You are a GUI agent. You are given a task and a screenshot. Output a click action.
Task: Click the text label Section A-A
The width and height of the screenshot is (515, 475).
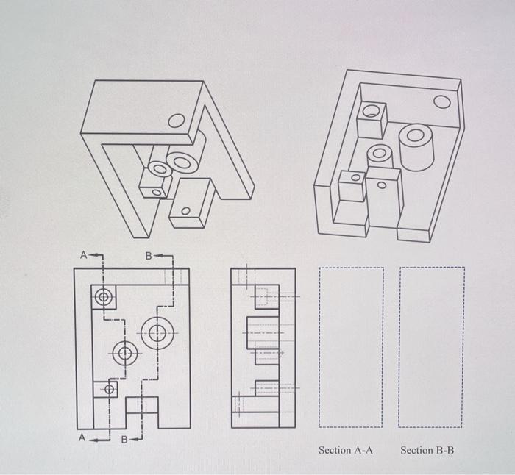[x=346, y=449]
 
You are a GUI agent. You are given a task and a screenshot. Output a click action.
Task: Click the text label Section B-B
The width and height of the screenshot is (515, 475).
[x=427, y=449]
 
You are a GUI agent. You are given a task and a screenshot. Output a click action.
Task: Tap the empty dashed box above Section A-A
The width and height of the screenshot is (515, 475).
[x=351, y=347]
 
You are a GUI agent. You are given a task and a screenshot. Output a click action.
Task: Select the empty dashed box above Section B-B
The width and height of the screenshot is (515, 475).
[x=431, y=347]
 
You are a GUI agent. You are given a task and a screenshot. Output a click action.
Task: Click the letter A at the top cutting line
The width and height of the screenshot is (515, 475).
[x=84, y=255]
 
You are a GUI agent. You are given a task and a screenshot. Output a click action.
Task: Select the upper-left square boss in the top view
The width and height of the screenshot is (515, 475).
[x=104, y=298]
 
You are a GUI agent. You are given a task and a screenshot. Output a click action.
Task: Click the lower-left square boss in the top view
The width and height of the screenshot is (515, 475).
[x=107, y=389]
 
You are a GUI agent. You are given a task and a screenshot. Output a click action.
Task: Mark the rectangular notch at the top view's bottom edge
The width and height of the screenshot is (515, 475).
[x=141, y=412]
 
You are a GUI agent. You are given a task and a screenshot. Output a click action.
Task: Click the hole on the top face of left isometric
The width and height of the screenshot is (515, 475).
[x=177, y=121]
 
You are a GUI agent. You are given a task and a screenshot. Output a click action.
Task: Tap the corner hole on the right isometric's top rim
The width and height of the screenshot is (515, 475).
[x=442, y=101]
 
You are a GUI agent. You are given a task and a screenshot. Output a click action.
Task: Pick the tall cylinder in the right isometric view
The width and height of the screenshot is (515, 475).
[x=416, y=146]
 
